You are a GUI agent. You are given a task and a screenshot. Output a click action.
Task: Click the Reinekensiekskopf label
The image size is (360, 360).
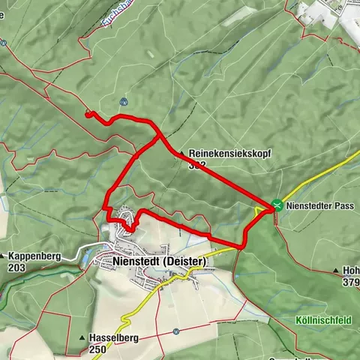tap(229, 153)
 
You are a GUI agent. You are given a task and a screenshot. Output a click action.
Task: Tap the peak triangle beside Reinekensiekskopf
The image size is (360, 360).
tap(181, 153)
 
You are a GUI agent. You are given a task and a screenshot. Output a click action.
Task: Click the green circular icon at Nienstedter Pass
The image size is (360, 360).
tap(277, 204)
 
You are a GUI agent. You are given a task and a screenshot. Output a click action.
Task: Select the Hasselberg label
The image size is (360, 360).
tap(113, 338)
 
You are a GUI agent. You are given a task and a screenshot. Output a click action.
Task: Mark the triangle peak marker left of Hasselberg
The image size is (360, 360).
tap(82, 338)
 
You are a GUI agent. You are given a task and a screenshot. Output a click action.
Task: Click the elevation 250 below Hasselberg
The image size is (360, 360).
tap(98, 349)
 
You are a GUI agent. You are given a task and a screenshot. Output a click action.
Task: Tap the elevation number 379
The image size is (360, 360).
tap(352, 283)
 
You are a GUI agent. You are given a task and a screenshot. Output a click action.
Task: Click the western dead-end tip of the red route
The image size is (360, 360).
tap(88, 114)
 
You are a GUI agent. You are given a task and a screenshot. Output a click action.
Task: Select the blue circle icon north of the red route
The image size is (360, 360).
tap(122, 101)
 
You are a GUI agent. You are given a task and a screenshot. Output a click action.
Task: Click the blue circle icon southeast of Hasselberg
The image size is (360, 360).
tap(174, 331)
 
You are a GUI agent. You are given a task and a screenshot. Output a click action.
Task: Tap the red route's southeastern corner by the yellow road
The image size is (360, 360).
tap(241, 246)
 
